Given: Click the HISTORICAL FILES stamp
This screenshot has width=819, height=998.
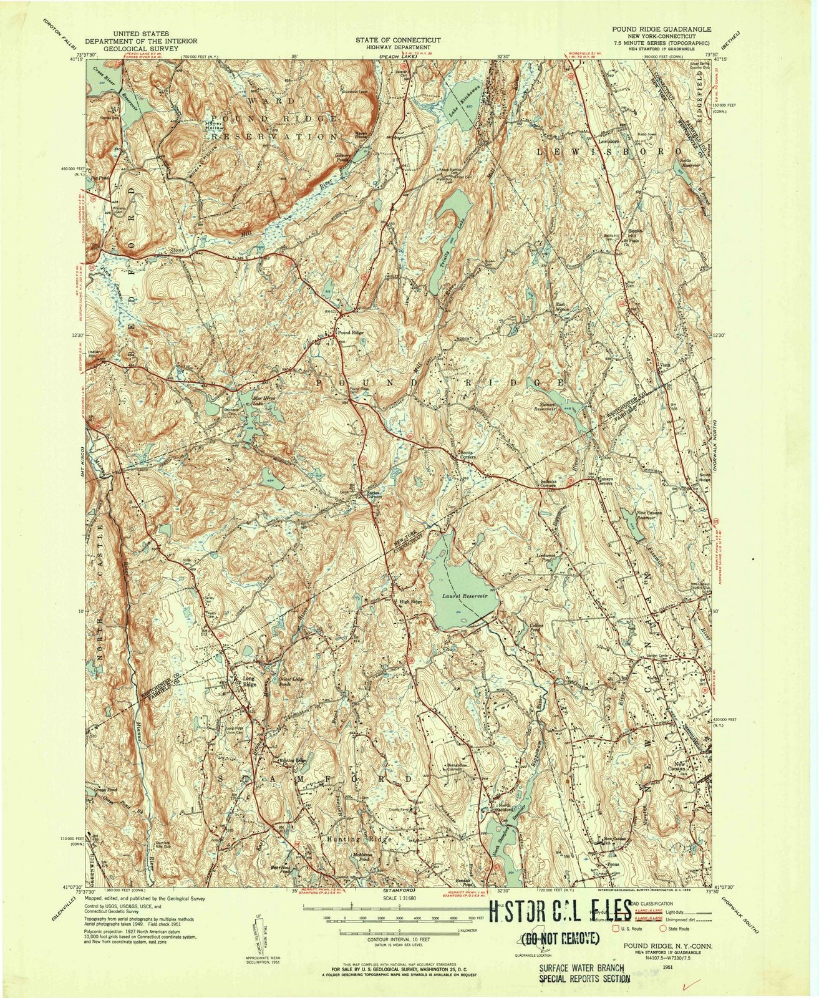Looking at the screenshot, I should point(560,910).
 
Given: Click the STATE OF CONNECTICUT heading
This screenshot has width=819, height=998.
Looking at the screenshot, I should point(397,40).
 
